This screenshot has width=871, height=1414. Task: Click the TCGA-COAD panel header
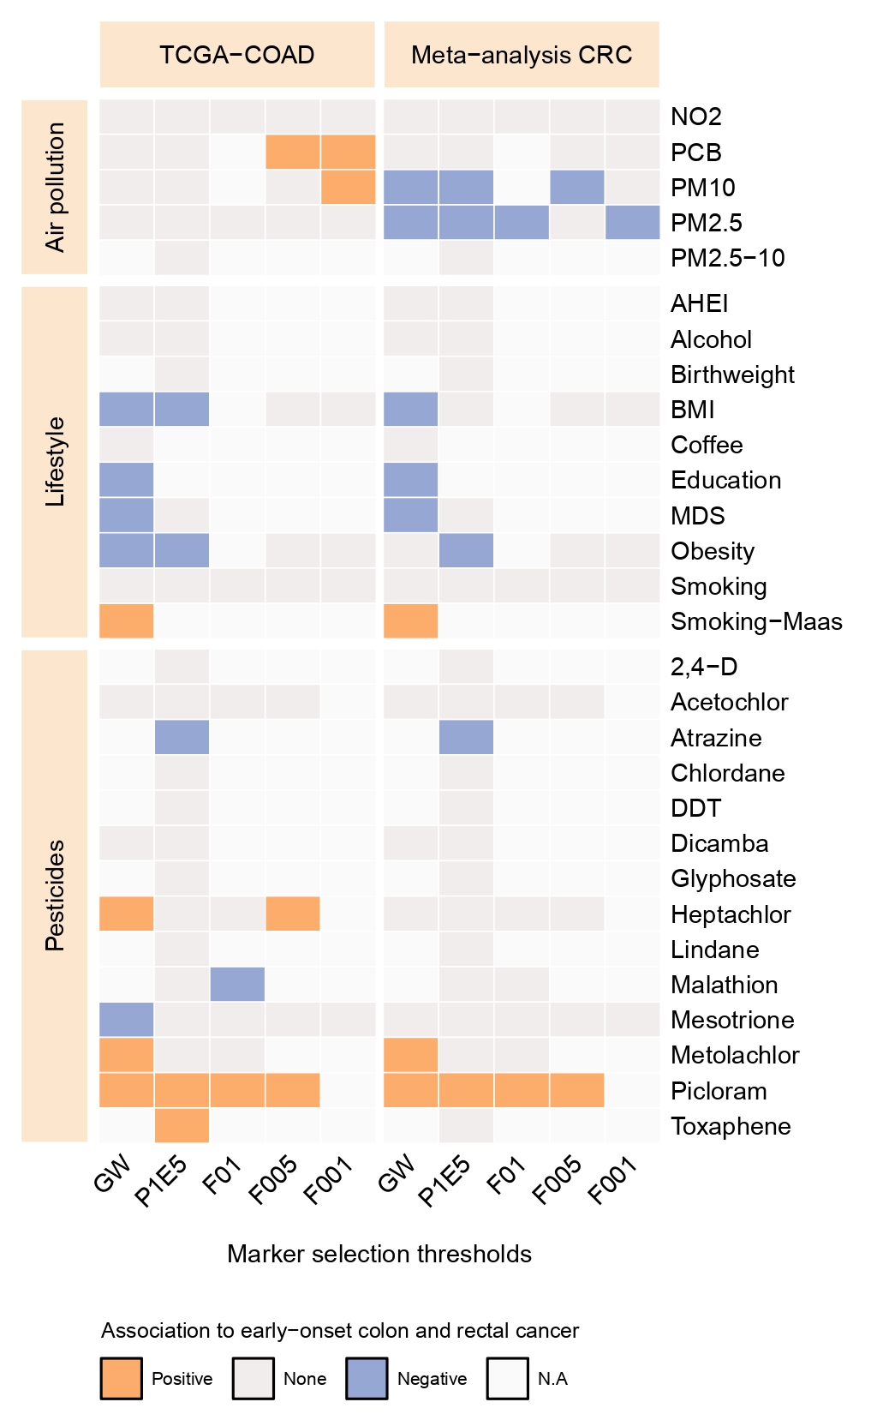(x=237, y=55)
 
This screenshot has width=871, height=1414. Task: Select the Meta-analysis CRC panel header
(x=522, y=55)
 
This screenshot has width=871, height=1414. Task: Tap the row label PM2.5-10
(x=727, y=258)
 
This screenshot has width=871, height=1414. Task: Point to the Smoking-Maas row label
(x=756, y=621)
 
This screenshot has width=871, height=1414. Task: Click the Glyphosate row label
(x=733, y=878)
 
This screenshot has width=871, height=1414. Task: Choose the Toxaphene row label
(x=731, y=1126)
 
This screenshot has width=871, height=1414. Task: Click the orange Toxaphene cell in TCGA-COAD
(x=182, y=1125)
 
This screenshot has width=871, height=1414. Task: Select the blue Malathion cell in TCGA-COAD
(x=237, y=984)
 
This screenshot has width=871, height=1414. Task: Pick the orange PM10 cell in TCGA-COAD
(x=348, y=187)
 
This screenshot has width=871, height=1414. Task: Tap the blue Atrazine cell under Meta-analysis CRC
(x=466, y=737)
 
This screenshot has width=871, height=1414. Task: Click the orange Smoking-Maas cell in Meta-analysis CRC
(x=411, y=621)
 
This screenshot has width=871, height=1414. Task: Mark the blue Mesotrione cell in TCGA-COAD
(x=127, y=1020)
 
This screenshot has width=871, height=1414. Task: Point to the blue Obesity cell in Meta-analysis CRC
(x=466, y=550)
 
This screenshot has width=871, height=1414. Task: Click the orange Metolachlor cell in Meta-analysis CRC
(x=411, y=1055)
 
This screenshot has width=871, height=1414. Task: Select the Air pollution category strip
(x=55, y=187)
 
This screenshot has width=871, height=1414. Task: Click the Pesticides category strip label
(x=55, y=896)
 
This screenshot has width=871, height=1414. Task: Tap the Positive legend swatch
(x=122, y=1378)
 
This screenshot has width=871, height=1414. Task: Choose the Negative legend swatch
(x=367, y=1378)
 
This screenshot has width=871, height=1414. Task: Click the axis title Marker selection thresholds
(x=379, y=1254)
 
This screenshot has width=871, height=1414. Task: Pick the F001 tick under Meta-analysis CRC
(x=614, y=1180)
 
